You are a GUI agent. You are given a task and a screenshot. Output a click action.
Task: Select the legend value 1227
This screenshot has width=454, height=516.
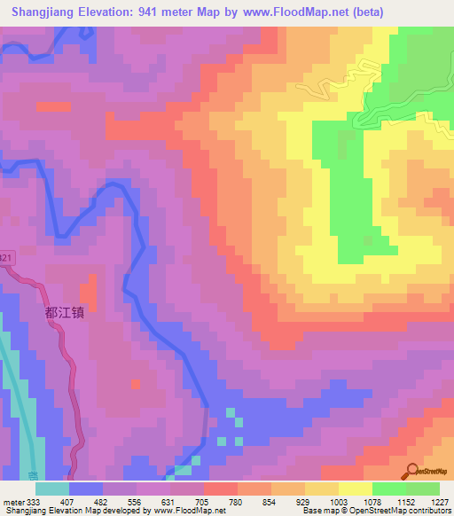click(x=440, y=502)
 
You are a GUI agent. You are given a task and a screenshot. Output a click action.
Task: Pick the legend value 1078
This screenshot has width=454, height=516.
click(x=372, y=502)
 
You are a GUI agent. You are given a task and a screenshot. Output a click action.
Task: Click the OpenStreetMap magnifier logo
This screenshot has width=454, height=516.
click(x=414, y=471)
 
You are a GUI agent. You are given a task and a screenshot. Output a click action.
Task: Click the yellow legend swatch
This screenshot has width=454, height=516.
click(x=356, y=489)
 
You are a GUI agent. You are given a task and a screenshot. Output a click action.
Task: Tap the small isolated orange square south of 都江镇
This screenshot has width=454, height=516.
click(x=135, y=384)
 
